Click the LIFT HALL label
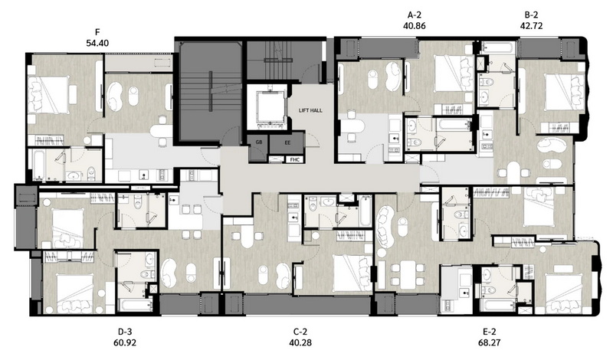310,110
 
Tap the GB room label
259,142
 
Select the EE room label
287,142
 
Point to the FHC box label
295,159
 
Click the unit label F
97,32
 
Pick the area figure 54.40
97,43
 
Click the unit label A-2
414,15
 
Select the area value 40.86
414,26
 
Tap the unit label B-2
531,15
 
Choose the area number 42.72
531,26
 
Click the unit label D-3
125,332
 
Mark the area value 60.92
125,342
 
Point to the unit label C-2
300,332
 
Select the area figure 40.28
300,342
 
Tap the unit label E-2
489,332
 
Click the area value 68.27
489,342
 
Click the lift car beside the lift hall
267,106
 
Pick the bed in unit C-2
352,273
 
